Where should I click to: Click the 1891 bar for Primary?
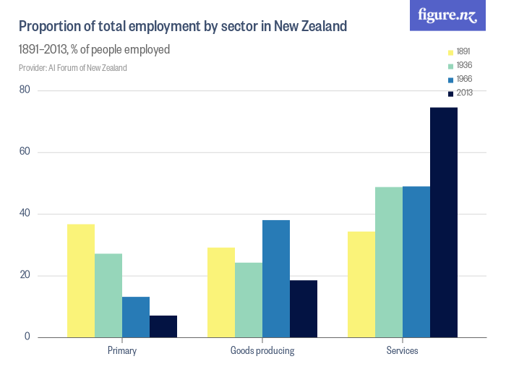click(81, 281)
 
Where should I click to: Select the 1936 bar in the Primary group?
click(108, 295)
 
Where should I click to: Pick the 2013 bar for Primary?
click(163, 326)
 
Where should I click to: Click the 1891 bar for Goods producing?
click(221, 292)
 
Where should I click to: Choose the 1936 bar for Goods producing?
click(249, 300)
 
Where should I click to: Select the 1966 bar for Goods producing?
click(276, 279)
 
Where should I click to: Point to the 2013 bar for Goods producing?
click(304, 308)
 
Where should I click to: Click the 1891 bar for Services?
click(361, 284)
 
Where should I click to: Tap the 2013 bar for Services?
click(444, 222)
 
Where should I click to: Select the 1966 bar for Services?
click(416, 262)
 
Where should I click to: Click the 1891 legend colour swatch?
click(450, 52)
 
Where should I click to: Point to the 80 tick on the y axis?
click(25, 90)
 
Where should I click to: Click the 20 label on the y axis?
click(25, 276)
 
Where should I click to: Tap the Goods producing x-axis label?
click(262, 351)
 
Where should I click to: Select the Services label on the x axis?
click(403, 351)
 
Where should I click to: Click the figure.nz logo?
click(448, 15)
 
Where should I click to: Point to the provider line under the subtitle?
click(72, 68)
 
